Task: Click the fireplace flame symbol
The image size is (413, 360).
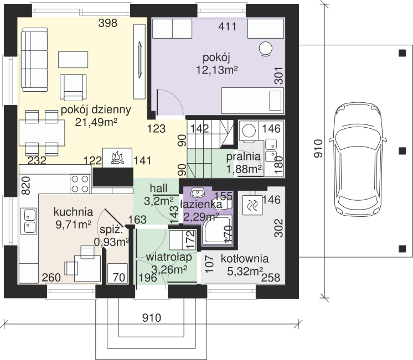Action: click(x=117, y=158)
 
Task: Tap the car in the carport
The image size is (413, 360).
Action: click(x=358, y=160)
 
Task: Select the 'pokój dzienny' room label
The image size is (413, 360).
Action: click(x=96, y=109)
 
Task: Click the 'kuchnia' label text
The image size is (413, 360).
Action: click(x=73, y=212)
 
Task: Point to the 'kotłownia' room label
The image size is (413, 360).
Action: click(x=245, y=259)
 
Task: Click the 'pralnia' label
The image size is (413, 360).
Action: click(x=244, y=156)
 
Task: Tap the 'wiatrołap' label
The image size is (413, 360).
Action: click(x=169, y=257)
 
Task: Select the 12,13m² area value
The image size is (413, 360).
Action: click(x=217, y=70)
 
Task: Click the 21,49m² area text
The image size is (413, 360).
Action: click(x=96, y=122)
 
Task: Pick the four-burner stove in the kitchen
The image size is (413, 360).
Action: click(x=80, y=184)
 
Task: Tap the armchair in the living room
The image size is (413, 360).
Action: click(x=73, y=87)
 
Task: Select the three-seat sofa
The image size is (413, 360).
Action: click(x=34, y=60)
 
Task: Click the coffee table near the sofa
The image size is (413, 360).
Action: click(x=73, y=60)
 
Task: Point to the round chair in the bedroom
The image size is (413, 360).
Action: click(x=265, y=49)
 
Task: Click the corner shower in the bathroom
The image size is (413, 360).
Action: click(x=217, y=231)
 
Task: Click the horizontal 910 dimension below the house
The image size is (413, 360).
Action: click(x=152, y=318)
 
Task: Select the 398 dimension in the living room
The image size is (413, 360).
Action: click(x=108, y=23)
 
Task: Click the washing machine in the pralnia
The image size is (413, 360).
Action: click(x=249, y=131)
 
